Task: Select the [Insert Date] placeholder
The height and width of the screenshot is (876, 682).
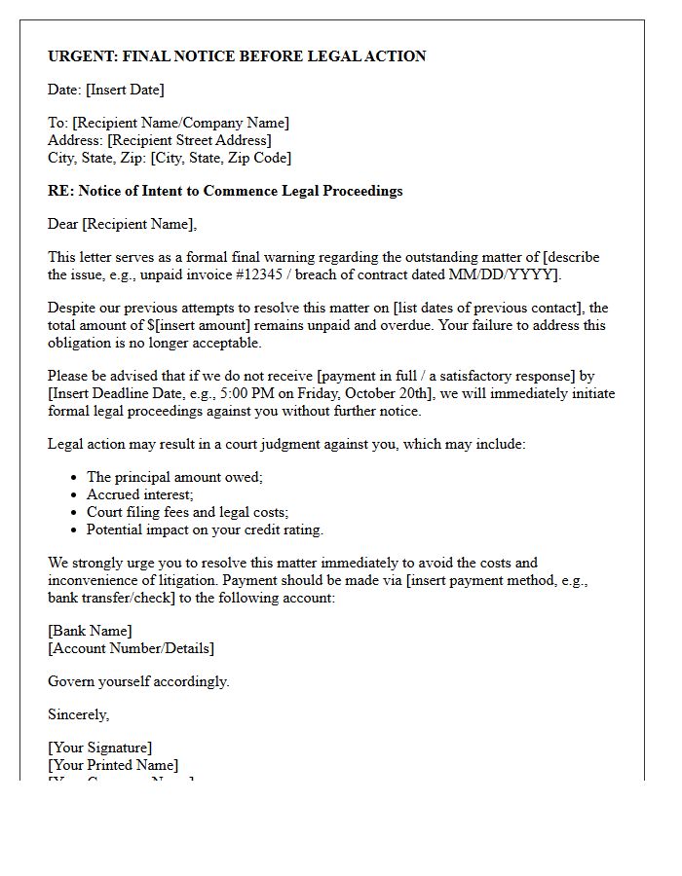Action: click(x=125, y=90)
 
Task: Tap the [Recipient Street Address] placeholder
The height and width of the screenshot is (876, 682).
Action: click(x=189, y=140)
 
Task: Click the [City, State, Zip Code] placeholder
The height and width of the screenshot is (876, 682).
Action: click(x=221, y=158)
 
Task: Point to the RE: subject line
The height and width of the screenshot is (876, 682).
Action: click(x=225, y=191)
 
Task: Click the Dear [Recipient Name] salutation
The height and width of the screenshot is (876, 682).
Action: click(x=122, y=224)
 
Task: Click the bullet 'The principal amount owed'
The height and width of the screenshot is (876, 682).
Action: click(x=175, y=477)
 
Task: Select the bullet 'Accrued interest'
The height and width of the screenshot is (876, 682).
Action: click(x=139, y=494)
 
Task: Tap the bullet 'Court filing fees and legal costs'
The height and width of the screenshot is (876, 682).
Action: click(x=187, y=512)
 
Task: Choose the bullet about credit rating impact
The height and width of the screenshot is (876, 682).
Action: click(x=205, y=529)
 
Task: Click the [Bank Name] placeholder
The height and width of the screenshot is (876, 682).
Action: click(x=90, y=631)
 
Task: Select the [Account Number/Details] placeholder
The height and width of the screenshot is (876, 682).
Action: click(x=132, y=648)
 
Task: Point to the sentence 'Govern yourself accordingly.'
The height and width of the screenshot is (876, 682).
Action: click(x=138, y=681)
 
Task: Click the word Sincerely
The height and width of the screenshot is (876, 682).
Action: click(x=79, y=714)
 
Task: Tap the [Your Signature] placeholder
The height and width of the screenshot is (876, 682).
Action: click(x=100, y=748)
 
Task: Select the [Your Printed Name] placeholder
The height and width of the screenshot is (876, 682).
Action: click(x=113, y=765)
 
